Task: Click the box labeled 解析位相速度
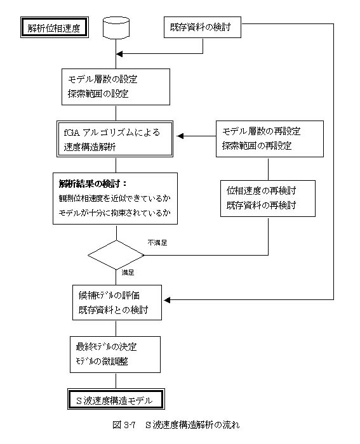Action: click(55, 27)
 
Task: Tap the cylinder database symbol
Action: click(116, 27)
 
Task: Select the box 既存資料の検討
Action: click(203, 27)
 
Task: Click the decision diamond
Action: click(116, 255)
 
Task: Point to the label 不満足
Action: click(157, 243)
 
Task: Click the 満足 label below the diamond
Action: click(128, 272)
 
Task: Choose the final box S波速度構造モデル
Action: click(116, 399)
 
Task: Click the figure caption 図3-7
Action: click(124, 425)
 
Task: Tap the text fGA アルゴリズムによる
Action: click(112, 132)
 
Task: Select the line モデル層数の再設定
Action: click(261, 131)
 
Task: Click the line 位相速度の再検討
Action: click(261, 190)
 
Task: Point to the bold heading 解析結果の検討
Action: click(93, 184)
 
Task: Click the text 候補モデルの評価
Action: click(109, 296)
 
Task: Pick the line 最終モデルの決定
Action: click(106, 346)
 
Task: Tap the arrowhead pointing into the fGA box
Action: click(180, 136)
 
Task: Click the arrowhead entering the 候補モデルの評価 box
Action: click(167, 300)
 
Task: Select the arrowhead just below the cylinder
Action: click(119, 54)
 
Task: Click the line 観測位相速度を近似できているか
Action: click(115, 198)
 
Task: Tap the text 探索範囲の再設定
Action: click(257, 145)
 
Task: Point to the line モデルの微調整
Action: click(102, 361)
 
